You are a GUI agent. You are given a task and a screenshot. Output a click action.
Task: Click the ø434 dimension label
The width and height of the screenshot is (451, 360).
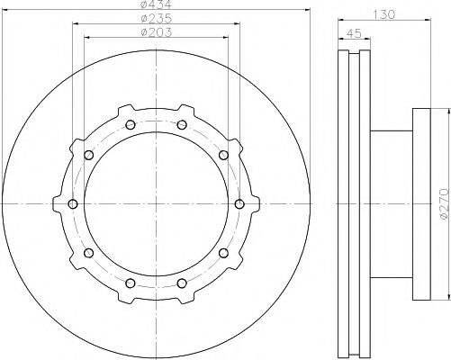156,4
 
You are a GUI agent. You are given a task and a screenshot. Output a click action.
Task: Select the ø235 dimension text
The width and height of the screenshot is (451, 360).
157,19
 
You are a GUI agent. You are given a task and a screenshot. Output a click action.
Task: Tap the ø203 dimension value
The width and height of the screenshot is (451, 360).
157,32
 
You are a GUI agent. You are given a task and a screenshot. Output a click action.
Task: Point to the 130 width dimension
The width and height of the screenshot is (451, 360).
384,14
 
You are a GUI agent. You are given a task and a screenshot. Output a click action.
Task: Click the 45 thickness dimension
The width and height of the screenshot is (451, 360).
354,33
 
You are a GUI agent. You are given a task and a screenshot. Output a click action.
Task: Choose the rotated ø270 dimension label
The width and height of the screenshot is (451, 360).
445,203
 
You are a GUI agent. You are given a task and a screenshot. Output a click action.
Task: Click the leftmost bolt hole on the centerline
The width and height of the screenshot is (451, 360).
73,204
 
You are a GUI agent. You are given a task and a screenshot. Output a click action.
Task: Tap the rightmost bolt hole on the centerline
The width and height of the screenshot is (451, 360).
239,204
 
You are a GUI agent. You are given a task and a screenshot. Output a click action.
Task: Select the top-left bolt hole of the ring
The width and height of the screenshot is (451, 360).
131,125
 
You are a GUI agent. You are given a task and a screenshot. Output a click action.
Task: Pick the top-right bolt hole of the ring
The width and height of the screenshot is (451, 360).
182,125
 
